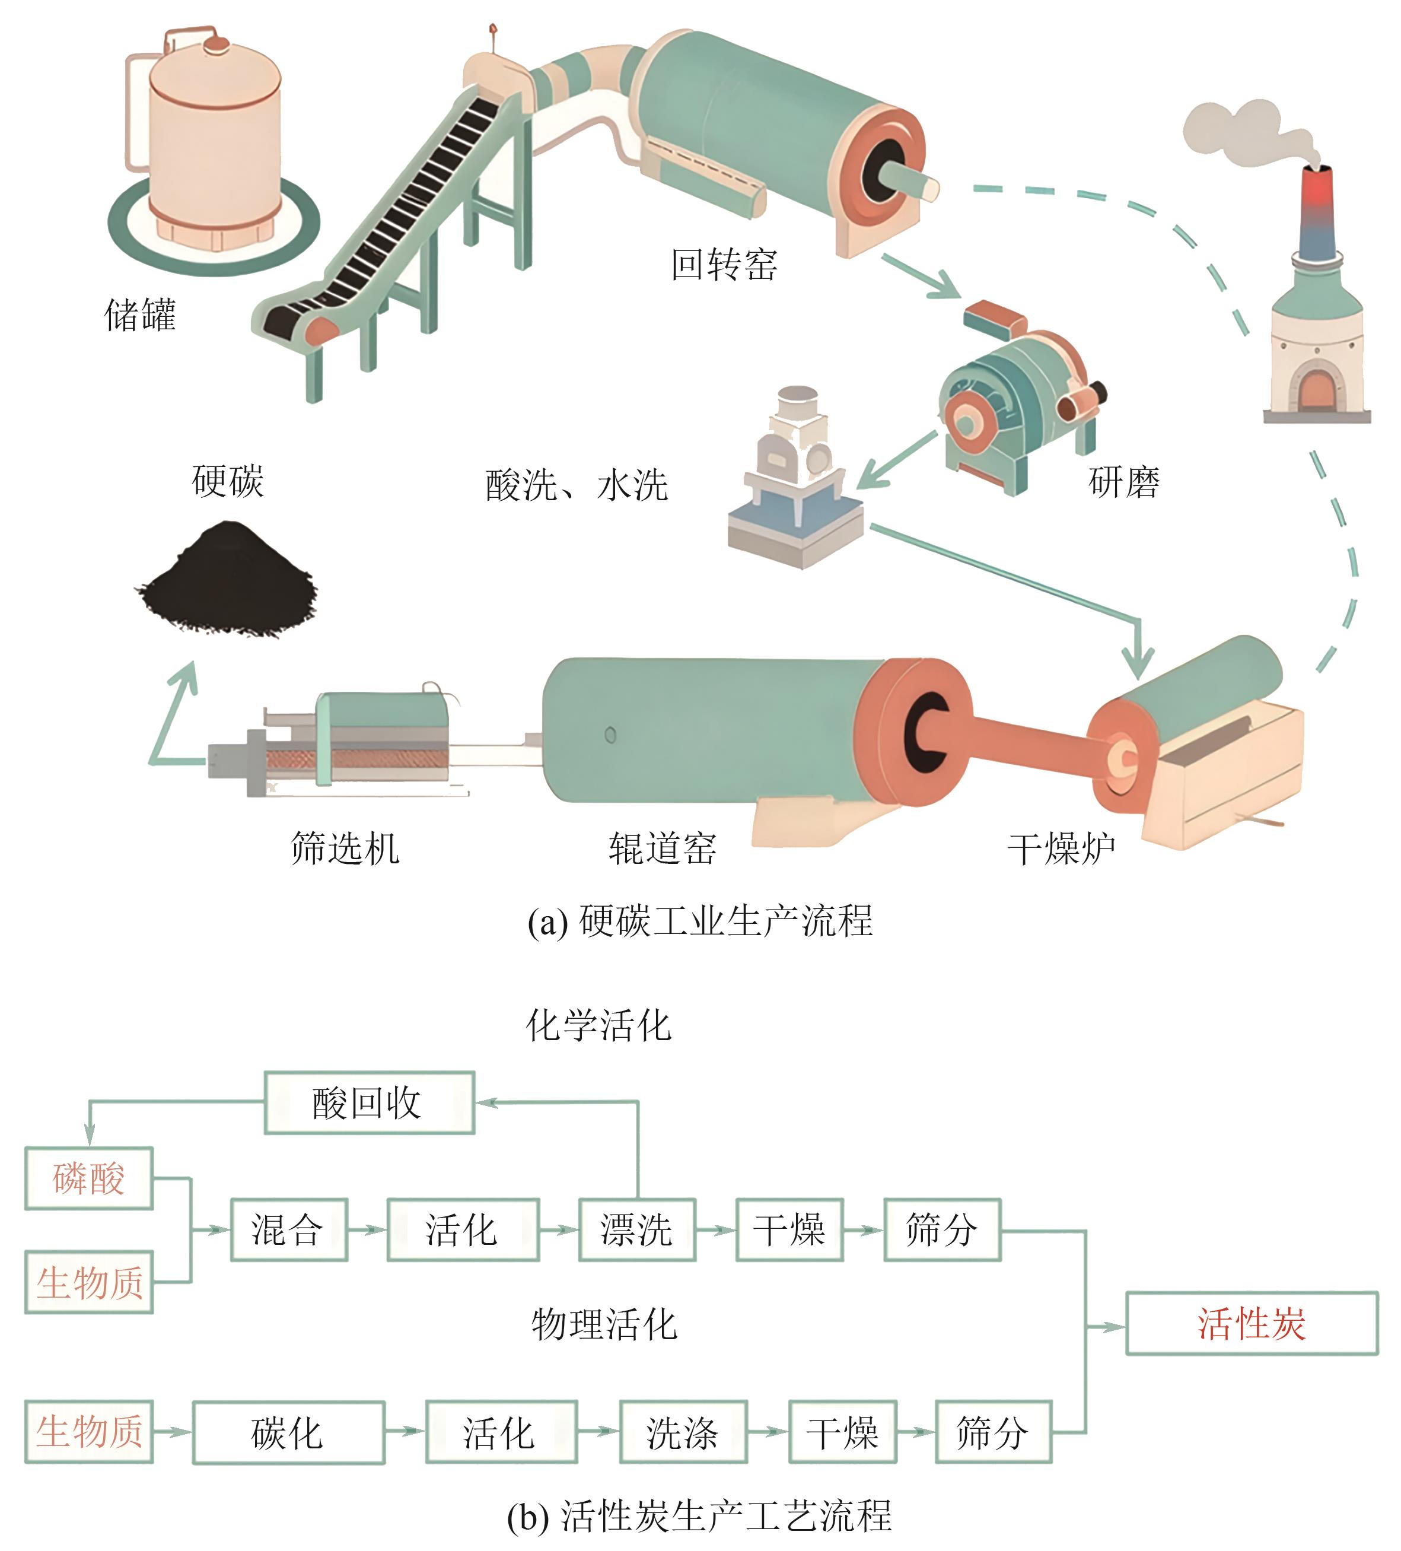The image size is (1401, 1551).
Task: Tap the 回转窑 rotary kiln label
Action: [x=724, y=264]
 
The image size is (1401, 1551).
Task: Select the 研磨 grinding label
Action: [x=1123, y=482]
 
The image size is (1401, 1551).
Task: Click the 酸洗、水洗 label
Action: [x=576, y=485]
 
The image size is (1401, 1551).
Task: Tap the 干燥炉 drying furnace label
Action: [x=1061, y=848]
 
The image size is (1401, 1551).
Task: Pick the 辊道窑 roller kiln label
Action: [x=662, y=848]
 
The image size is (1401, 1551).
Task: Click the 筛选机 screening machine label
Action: [x=345, y=848]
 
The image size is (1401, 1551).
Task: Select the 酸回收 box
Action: [x=368, y=1102]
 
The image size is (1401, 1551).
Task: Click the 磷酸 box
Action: [x=88, y=1178]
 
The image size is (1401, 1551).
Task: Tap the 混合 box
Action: [x=288, y=1229]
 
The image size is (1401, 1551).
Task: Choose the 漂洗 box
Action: [x=636, y=1229]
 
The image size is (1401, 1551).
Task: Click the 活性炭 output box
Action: [x=1251, y=1323]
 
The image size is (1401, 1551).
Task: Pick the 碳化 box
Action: [x=288, y=1432]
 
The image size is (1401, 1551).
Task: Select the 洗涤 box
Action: [x=682, y=1432]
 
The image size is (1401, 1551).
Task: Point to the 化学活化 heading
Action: [x=598, y=1025]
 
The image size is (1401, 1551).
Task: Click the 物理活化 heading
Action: [x=604, y=1324]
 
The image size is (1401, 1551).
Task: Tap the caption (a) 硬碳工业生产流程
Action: [x=700, y=921]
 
